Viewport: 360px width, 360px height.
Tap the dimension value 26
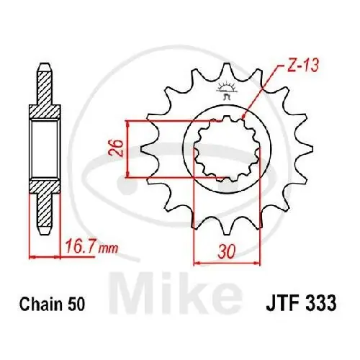point(117,149)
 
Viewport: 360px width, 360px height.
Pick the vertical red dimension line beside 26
point(127,149)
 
